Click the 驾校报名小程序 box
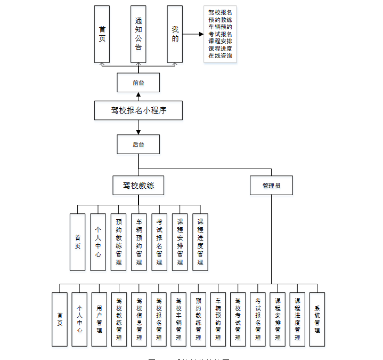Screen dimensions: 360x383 138,110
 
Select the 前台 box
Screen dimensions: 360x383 138,83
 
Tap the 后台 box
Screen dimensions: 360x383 138,144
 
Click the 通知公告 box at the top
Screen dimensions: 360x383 138,34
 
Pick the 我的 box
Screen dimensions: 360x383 175,34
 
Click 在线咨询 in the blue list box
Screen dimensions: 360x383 220,55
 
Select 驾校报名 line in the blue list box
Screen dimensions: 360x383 220,12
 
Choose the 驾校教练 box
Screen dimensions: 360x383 138,186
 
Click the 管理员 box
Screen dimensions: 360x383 271,186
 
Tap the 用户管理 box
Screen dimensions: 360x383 99,319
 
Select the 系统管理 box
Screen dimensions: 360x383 317,319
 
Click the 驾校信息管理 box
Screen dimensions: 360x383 139,319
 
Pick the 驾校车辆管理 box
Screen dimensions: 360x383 178,319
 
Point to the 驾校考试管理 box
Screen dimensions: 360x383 238,319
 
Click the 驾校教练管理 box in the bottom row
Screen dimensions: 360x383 119,319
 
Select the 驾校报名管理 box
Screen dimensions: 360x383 159,319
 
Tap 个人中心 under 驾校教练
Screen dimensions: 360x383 98,242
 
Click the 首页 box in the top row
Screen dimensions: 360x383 102,34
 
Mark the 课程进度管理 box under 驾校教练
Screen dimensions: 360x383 200,242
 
